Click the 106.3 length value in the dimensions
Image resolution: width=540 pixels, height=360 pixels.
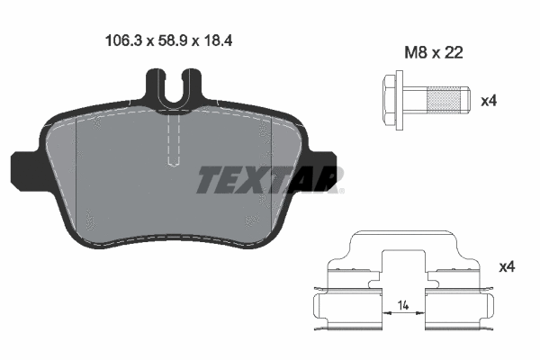[x=123, y=40]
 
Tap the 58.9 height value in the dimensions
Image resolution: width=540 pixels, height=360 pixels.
[x=172, y=40]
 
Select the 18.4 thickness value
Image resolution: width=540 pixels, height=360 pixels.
[x=218, y=40]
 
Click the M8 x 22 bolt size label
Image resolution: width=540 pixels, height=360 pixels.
[x=433, y=53]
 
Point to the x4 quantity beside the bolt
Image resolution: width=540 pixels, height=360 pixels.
[x=489, y=101]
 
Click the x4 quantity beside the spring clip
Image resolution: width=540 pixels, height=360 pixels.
[x=507, y=266]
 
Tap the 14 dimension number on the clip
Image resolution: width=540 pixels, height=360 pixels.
[x=403, y=305]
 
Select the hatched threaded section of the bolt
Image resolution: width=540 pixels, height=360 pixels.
[x=444, y=100]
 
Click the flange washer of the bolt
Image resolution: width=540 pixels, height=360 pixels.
[x=400, y=100]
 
